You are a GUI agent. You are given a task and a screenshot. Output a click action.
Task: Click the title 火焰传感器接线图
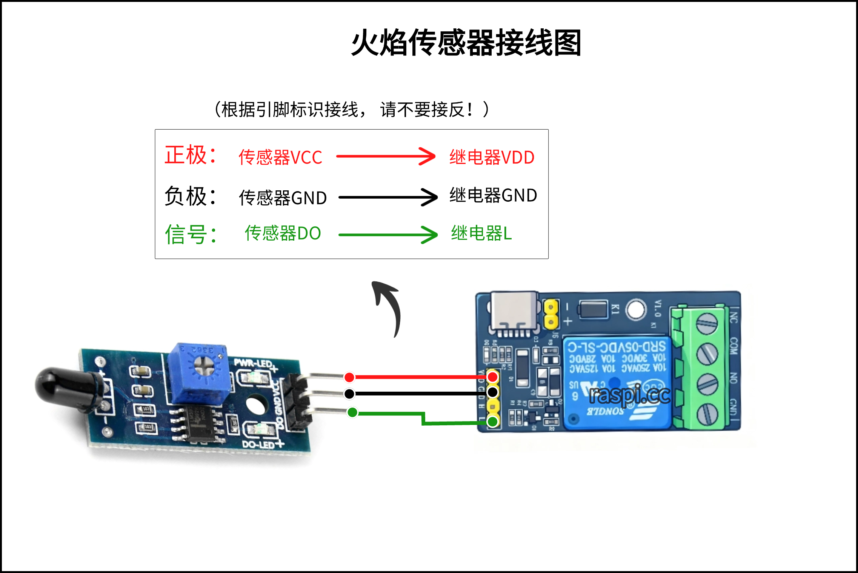pos(466,43)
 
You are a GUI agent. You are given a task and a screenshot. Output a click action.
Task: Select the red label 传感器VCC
pos(280,157)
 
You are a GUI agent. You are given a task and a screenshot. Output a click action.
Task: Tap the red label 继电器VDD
pos(492,157)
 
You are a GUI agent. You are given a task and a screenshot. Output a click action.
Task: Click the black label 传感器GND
pos(283,198)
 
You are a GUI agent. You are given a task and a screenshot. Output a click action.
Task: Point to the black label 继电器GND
pos(493,195)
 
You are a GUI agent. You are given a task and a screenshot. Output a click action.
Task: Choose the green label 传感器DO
pos(283,233)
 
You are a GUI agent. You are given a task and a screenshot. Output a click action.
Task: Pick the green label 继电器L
pos(481,233)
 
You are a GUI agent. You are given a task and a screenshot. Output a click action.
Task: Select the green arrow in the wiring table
pos(388,235)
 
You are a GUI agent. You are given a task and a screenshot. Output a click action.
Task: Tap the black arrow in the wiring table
pos(388,197)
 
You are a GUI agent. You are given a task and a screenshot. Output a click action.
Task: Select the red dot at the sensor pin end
pos(349,377)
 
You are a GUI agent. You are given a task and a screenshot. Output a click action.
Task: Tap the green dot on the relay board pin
pos(492,421)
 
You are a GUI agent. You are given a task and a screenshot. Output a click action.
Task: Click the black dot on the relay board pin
pos(492,392)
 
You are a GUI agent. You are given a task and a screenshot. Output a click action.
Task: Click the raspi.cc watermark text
pos(629,395)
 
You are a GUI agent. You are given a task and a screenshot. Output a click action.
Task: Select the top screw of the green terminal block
pos(706,323)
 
